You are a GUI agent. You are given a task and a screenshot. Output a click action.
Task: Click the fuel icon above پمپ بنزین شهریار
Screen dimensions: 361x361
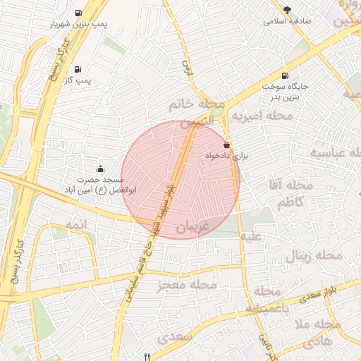(78, 13)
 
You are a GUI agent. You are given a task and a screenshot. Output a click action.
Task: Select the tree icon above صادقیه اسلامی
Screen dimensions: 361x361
(287, 9)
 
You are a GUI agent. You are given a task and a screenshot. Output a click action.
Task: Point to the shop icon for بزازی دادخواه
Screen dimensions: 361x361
(226, 145)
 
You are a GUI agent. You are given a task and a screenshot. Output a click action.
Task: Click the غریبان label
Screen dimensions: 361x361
(192, 227)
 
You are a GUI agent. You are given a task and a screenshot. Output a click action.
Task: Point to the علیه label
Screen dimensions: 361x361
(252, 237)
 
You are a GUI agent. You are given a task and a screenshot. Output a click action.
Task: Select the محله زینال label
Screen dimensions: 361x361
(314, 255)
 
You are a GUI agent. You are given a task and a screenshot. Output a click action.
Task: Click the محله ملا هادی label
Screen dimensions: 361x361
(317, 333)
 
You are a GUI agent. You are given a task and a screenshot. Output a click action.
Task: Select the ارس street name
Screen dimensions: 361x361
(188, 68)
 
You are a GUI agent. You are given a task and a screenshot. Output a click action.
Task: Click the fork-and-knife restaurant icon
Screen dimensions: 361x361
(147, 356)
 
